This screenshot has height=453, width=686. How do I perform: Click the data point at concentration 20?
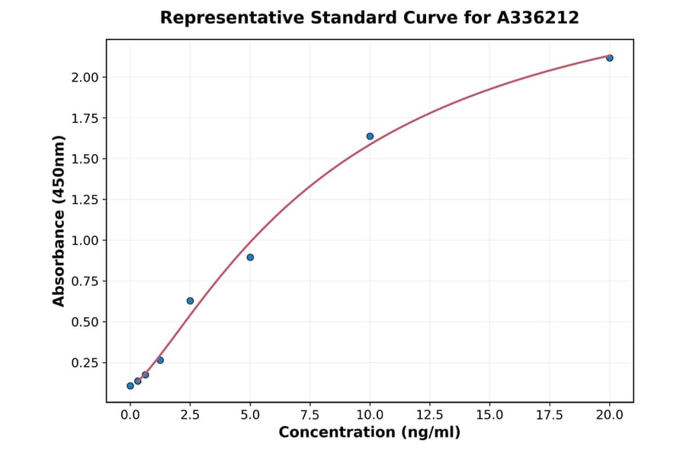[x=610, y=58]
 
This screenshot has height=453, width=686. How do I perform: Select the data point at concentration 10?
[x=370, y=137]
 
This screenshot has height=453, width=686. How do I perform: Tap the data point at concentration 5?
[x=250, y=257]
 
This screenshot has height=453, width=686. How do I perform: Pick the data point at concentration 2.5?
[x=190, y=300]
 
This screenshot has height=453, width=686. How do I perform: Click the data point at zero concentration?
[x=130, y=386]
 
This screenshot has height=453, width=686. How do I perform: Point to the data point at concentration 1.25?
[x=160, y=360]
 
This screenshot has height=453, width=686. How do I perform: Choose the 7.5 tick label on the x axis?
[x=310, y=415]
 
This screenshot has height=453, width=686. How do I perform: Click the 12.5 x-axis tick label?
[x=430, y=415]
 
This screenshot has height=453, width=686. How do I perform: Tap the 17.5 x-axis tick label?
[x=550, y=415]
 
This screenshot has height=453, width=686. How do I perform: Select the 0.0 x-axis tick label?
[x=130, y=415]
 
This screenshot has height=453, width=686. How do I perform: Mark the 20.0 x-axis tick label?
[x=610, y=415]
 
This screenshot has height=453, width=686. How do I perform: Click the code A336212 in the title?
[x=537, y=18]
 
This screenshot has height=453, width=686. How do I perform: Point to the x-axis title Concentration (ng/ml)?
[x=370, y=432]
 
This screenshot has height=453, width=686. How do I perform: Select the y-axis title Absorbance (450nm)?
[x=59, y=220]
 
